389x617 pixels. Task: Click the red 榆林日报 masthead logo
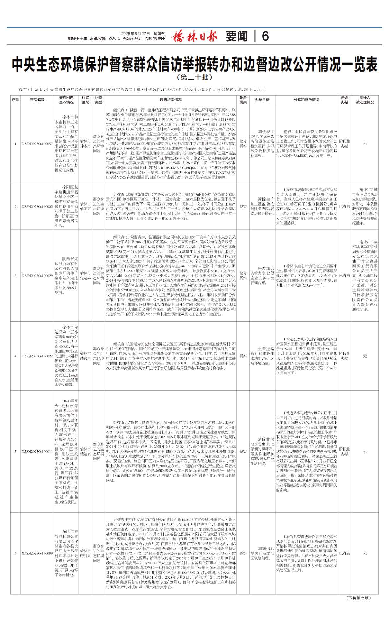[194, 36]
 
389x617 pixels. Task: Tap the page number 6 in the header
[265, 36]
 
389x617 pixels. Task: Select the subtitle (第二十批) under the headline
[194, 77]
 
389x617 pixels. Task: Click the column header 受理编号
[36, 100]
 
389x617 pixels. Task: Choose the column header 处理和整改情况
[306, 100]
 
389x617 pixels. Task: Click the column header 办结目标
[262, 100]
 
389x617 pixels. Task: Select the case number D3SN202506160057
[37, 144]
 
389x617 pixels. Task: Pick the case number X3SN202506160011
[37, 451]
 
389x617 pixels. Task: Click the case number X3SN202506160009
[37, 553]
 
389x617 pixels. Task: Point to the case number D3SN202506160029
[37, 276]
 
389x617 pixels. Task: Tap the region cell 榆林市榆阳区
[86, 206]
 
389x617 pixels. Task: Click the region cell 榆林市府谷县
[86, 553]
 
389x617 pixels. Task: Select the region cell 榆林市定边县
[86, 276]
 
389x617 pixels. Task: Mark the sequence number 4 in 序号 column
[15, 356]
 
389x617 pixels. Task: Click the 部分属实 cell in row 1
[243, 144]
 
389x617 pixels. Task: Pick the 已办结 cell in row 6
[344, 553]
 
